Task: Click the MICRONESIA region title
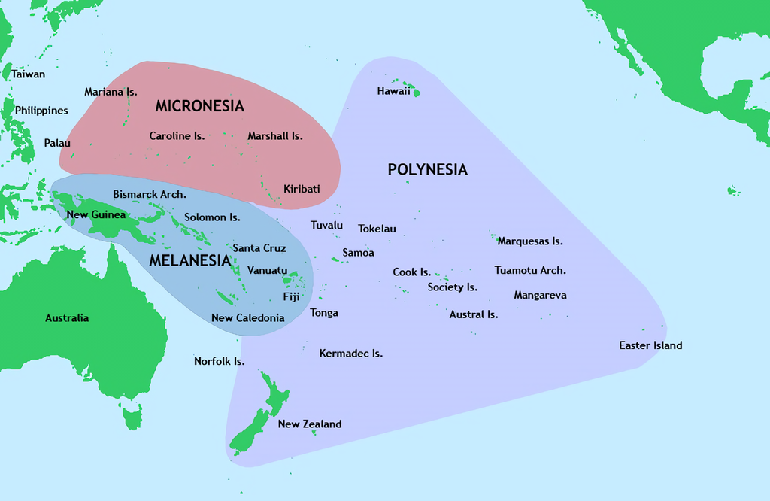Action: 199,106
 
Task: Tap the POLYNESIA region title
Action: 427,169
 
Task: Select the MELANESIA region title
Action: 189,261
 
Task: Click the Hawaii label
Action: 393,91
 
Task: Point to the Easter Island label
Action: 650,345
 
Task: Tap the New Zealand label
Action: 310,424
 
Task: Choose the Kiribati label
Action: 302,189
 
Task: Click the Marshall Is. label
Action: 275,136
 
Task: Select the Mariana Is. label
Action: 111,92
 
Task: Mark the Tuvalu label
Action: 326,225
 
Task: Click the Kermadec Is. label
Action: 351,353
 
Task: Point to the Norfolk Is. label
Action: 219,361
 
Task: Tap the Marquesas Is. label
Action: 530,241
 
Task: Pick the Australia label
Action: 67,318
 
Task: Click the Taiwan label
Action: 29,74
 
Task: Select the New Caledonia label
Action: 247,317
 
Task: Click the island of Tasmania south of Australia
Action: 132,415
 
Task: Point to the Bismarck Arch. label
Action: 150,194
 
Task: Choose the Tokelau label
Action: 377,229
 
